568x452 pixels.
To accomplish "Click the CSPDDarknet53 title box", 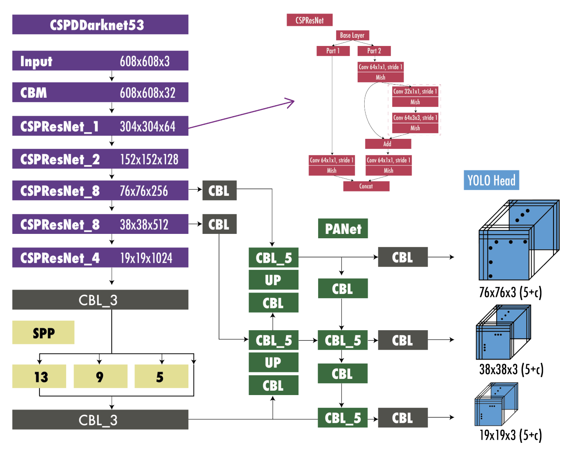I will tap(100, 25).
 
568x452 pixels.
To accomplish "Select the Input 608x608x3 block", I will tap(100, 61).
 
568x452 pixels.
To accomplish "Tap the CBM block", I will tap(100, 92).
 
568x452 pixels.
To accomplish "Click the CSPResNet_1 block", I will tap(100, 126).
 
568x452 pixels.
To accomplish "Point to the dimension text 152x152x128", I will tap(149, 159).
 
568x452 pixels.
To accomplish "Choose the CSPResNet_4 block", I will tap(100, 258).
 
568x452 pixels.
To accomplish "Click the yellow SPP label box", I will tap(43, 332).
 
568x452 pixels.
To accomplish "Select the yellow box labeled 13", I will tap(39, 376).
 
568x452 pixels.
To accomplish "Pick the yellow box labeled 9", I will tap(100, 376).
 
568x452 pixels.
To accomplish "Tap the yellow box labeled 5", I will tap(161, 376).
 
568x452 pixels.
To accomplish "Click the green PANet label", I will tap(343, 229).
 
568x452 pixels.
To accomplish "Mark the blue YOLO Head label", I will tap(491, 180).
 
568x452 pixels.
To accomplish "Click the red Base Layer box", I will tap(352, 35).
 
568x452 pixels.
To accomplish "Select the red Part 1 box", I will tap(333, 51).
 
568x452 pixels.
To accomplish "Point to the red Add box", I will tap(388, 144).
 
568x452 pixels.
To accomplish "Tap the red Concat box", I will tap(366, 186).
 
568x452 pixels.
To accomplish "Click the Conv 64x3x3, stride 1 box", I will tap(415, 118).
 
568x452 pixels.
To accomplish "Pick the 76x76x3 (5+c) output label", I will tap(510, 293).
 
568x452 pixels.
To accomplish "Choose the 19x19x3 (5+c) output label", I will tap(510, 435).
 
